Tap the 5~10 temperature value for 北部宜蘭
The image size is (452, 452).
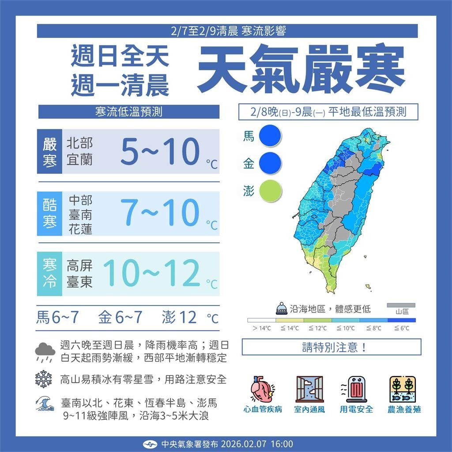pos(160,151)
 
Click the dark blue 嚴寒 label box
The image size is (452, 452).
pos(50,151)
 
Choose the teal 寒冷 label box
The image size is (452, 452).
pos(50,274)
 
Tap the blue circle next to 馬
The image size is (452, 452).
pos(270,136)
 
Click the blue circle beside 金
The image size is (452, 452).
pos(270,163)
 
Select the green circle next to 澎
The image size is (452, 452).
pos(270,191)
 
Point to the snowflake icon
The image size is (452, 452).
pos(44,379)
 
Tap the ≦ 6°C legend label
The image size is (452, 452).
pos(402,328)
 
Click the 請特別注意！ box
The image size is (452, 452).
pos(331,347)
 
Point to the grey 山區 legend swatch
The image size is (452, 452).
pos(401,305)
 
